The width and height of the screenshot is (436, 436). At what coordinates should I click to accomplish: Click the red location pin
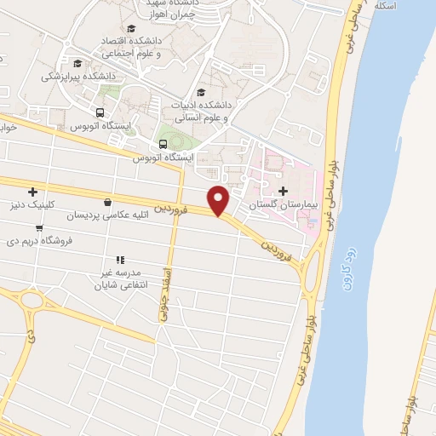click(220, 199)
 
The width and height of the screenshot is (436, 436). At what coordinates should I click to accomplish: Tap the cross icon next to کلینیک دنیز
click(33, 192)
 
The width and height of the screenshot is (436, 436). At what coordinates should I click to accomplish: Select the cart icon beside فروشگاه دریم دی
click(39, 227)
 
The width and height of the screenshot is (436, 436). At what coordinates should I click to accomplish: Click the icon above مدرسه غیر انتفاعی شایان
click(120, 260)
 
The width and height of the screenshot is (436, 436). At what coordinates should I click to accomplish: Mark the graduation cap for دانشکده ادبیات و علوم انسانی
click(201, 93)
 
